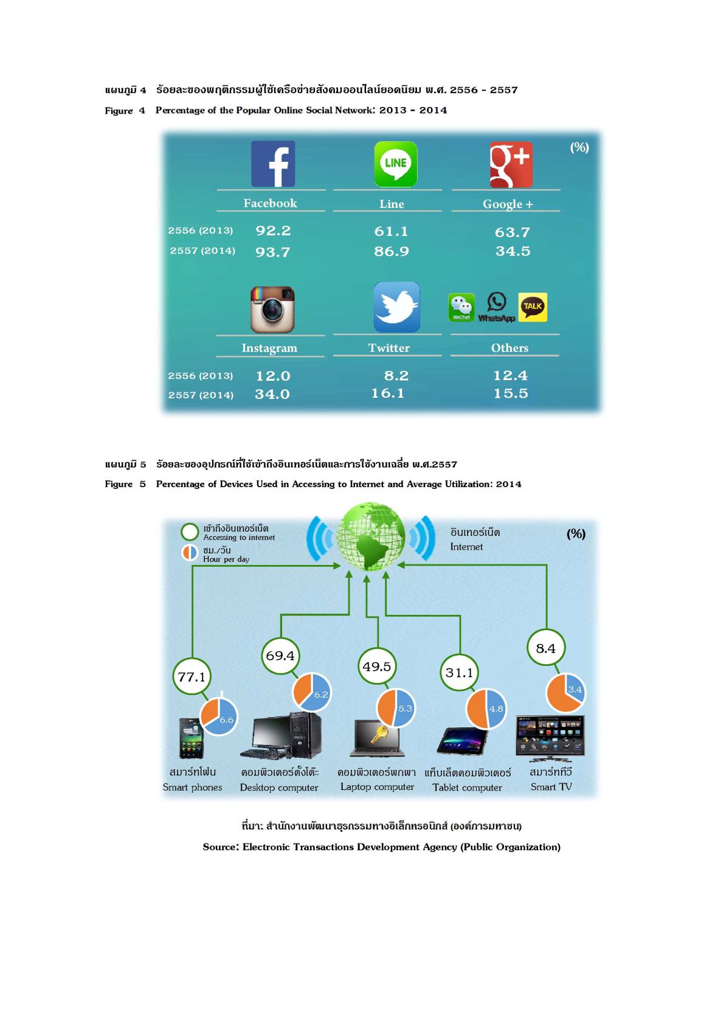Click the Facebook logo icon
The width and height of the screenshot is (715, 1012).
(273, 164)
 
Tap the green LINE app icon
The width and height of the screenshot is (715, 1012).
(395, 164)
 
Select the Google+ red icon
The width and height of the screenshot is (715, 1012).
(511, 164)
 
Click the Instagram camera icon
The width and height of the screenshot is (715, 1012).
(272, 310)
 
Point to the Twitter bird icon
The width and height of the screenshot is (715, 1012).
(396, 307)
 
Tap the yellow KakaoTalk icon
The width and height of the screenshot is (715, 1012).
(533, 307)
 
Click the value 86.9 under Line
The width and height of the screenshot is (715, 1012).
(391, 251)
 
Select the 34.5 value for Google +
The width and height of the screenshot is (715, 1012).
(513, 251)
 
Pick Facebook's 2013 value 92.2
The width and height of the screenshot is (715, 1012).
(273, 231)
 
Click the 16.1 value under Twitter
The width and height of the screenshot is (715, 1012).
(387, 393)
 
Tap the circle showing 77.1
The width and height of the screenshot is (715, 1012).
(192, 676)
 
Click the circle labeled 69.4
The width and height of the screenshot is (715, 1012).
(280, 656)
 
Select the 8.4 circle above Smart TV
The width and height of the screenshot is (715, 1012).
(545, 648)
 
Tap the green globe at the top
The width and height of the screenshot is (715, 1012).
(370, 537)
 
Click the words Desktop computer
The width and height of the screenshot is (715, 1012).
(278, 788)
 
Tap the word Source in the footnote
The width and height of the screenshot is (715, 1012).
(221, 847)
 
